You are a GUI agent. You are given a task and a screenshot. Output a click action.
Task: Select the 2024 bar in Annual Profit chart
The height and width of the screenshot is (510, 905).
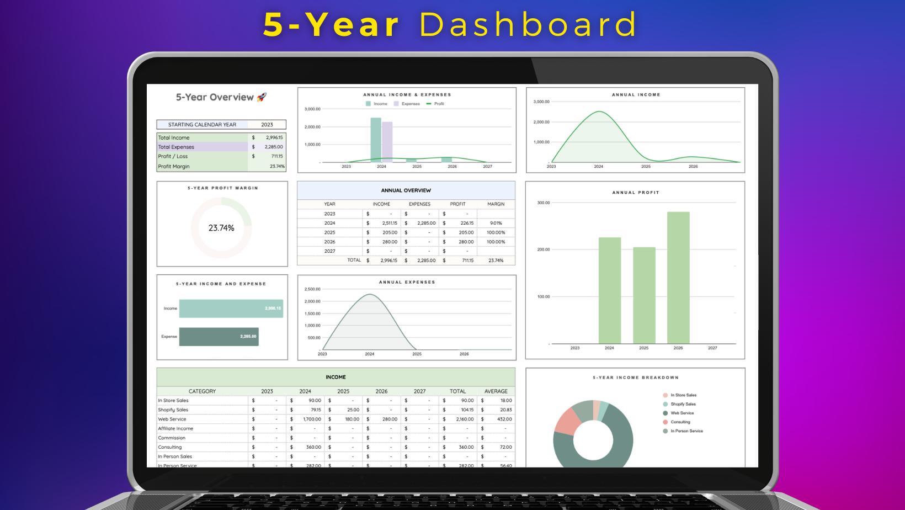(x=610, y=290)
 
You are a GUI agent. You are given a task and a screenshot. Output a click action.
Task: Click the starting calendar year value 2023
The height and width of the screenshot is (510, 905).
(x=267, y=125)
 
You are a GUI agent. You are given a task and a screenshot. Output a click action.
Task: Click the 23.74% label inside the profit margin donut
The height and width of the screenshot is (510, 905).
(x=221, y=228)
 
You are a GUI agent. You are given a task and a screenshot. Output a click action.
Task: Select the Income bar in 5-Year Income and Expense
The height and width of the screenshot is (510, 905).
(x=231, y=309)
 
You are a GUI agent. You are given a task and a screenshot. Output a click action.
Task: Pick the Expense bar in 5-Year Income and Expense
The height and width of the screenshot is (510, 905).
(x=219, y=337)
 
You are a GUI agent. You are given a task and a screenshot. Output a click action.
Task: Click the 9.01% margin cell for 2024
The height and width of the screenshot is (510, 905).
(x=496, y=223)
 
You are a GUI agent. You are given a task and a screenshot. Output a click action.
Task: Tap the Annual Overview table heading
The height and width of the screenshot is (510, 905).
(x=406, y=190)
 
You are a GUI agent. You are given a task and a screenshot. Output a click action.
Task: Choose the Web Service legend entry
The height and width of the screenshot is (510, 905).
(x=682, y=413)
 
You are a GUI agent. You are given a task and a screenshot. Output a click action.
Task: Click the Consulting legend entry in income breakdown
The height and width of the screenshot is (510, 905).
(x=680, y=422)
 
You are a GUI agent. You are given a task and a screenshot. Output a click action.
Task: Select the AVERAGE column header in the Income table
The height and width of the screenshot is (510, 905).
(x=496, y=391)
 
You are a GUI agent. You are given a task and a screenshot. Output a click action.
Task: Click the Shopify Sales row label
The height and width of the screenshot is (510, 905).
(x=173, y=410)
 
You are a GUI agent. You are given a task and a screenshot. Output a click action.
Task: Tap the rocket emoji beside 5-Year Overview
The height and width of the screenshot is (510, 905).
(x=262, y=97)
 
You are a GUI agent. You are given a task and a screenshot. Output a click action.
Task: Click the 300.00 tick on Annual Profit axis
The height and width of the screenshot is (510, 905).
(x=543, y=203)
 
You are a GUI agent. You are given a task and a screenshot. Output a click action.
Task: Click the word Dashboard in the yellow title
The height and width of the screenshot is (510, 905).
(x=528, y=25)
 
